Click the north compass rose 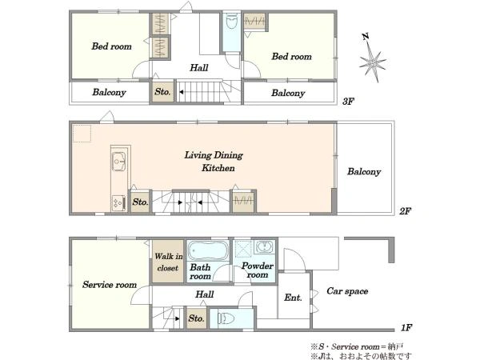point(373,62)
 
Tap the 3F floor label point(348,102)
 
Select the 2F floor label point(405,211)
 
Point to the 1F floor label point(406,328)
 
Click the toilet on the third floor point(231,22)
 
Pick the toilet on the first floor point(226,318)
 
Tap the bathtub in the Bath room point(208,250)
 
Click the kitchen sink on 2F point(118,161)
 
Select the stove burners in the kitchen point(118,202)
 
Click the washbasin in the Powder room point(265,246)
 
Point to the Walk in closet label point(168,262)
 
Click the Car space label point(347,291)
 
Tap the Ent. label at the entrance point(293,298)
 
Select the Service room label point(110,285)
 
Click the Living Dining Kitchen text point(214,162)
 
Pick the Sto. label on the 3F point(162,91)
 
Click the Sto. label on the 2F point(140,202)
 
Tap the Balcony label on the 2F point(364,171)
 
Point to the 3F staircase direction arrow point(182,92)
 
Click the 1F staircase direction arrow point(178,318)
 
